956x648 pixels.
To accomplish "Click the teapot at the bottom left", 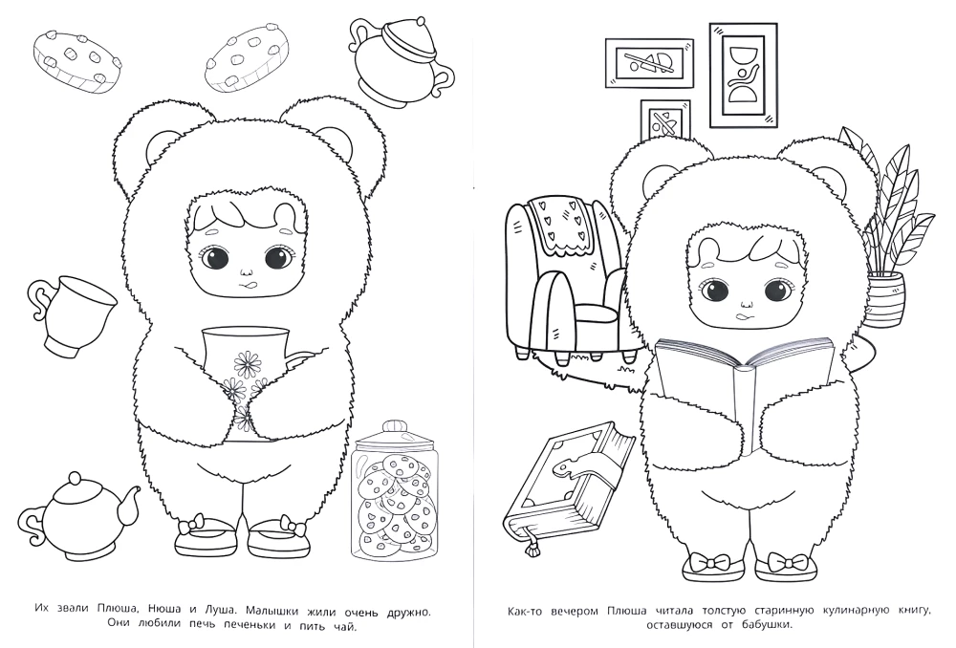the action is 76,514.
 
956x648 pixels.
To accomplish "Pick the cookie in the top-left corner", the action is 76,59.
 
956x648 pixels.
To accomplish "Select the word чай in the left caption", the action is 344,625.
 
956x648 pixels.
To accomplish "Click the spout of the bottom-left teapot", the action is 129,500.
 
